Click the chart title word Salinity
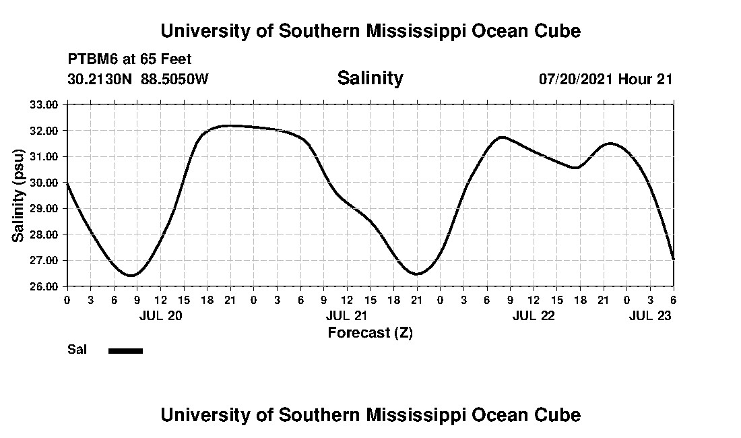coord(370,78)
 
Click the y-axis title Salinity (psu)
coord(18,195)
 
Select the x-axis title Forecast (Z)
coord(370,332)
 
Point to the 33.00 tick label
coord(44,104)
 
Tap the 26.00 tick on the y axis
coord(44,286)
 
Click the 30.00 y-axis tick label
coord(44,183)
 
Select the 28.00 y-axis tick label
coord(44,234)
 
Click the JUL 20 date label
coord(160,316)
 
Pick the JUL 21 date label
coord(347,316)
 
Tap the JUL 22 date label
coord(534,316)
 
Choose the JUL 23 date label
coord(650,316)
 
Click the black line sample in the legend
coord(125,350)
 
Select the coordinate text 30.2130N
coord(100,79)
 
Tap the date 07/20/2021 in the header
coord(577,79)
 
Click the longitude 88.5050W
coord(175,79)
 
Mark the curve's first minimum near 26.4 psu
coord(131,275)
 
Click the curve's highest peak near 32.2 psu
coord(230,125)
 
